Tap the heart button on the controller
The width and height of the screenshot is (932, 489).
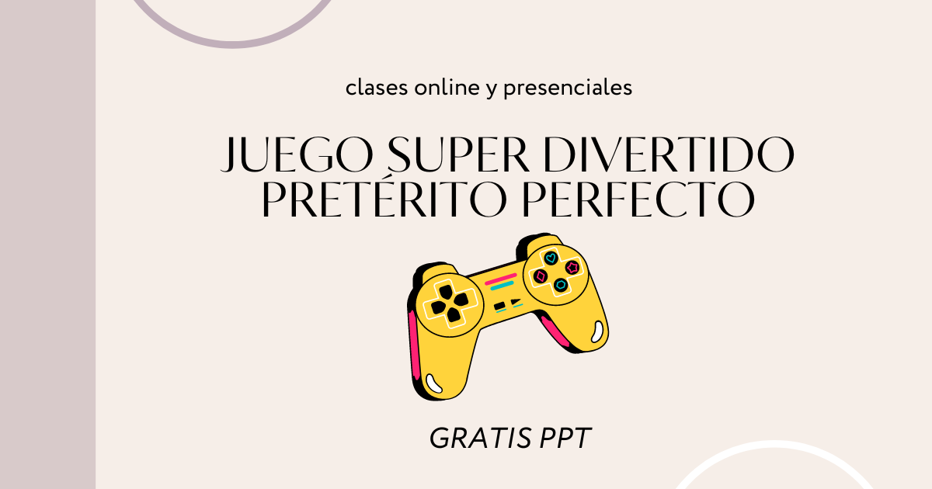(x=551, y=257)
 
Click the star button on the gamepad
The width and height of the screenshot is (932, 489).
(x=572, y=267)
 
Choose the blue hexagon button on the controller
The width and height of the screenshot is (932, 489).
(x=561, y=284)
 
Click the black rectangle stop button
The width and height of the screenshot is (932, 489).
(x=500, y=307)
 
